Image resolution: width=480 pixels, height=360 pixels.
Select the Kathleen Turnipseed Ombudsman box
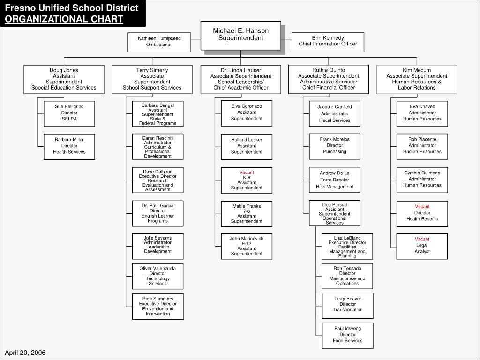159,42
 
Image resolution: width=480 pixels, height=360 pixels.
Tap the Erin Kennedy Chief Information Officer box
328,41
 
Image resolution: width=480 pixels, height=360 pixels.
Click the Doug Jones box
64,79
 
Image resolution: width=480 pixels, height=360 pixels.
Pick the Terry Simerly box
152,79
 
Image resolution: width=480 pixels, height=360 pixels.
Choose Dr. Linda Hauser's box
240,79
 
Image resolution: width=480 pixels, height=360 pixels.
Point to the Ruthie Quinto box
328,79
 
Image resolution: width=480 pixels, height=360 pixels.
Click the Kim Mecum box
417,79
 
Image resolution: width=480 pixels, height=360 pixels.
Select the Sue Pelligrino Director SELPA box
69,113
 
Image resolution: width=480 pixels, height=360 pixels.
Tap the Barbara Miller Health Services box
69,146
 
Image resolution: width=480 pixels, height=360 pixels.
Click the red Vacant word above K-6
247,172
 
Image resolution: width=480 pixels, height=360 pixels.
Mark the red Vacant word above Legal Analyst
422,239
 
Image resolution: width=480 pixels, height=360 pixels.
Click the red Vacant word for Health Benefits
422,207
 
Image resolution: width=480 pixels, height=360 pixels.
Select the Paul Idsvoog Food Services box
347,335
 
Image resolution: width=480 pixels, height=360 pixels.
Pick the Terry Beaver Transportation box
347,305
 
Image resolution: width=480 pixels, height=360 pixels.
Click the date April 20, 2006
25,352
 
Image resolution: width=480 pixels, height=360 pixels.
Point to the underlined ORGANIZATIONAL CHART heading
65,19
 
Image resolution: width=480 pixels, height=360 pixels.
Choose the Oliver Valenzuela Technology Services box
157,276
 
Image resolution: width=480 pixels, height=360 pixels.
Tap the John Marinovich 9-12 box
247,246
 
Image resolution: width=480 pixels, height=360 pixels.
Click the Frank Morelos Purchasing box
335,146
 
